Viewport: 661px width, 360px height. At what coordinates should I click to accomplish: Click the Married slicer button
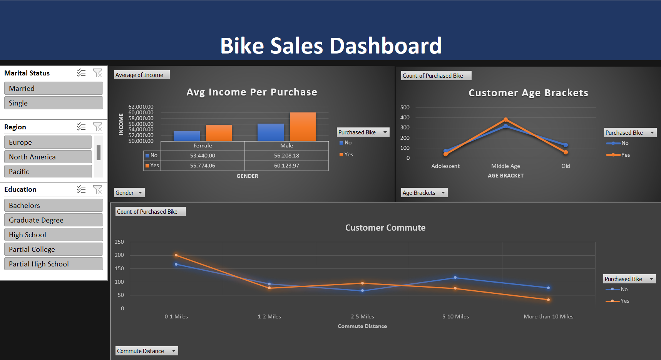[x=54, y=88]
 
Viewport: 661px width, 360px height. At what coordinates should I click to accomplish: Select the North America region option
[x=48, y=157]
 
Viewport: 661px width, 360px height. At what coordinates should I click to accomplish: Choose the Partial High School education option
[x=54, y=264]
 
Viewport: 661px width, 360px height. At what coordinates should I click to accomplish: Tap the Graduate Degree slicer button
[x=54, y=220]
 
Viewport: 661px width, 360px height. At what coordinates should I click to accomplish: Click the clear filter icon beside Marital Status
[x=97, y=73]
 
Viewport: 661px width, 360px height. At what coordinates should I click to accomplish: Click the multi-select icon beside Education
[x=81, y=189]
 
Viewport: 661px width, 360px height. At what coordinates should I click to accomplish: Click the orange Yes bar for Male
[x=303, y=127]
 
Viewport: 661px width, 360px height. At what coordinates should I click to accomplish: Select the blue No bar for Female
[x=187, y=136]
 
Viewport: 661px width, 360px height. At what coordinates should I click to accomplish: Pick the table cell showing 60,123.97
[x=286, y=166]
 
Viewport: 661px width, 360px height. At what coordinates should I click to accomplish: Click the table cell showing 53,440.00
[x=202, y=156]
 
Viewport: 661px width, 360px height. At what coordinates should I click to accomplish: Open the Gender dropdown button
[x=129, y=193]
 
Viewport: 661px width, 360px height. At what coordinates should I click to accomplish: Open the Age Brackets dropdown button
[x=424, y=193]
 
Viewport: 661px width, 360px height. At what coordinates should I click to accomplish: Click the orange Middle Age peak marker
[x=505, y=120]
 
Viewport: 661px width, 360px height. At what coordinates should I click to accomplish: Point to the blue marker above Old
[x=566, y=145]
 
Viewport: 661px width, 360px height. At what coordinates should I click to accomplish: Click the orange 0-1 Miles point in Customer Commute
[x=176, y=255]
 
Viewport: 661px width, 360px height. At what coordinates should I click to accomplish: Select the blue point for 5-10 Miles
[x=455, y=277]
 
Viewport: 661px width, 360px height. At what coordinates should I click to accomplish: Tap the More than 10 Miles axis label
[x=548, y=316]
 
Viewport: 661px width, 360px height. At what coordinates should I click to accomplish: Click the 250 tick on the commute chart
[x=119, y=242]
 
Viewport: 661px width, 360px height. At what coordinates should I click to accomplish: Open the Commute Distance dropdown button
[x=147, y=351]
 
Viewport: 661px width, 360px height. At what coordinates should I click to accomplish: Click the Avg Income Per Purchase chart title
[x=252, y=92]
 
